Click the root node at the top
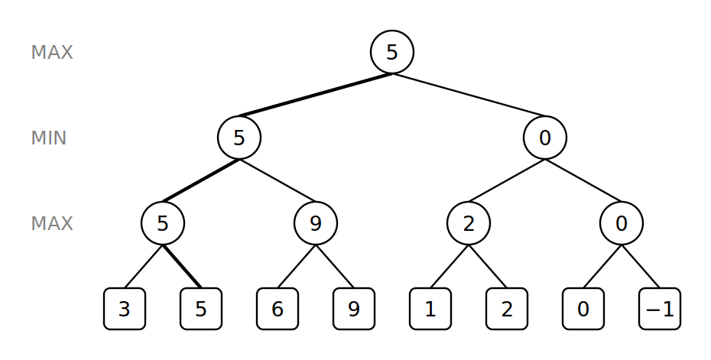[x=392, y=52]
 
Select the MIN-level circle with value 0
[x=545, y=138]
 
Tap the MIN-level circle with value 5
[x=239, y=138]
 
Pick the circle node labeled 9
[x=316, y=223]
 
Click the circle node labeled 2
[x=469, y=223]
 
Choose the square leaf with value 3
[x=125, y=309]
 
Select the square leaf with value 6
[x=278, y=309]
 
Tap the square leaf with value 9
[x=354, y=309]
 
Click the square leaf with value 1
[x=430, y=309]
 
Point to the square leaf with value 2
[x=507, y=309]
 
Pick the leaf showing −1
[x=659, y=309]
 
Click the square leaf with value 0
[x=583, y=309]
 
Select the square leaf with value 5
[x=201, y=309]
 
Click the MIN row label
[x=48, y=138]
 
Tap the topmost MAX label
[x=52, y=52]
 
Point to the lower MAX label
[x=52, y=223]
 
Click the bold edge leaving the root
[x=316, y=95]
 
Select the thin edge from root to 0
[x=469, y=95]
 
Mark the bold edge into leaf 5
[x=182, y=266]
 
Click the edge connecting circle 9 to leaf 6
[x=297, y=266]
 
